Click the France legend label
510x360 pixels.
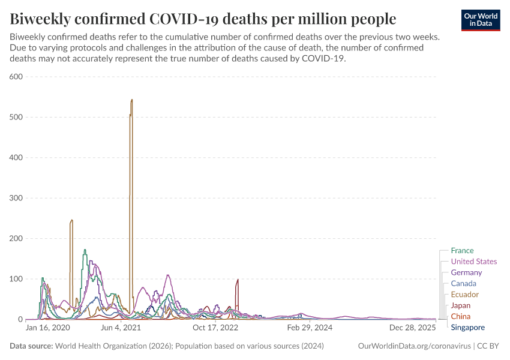(462, 251)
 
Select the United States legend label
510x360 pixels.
(473, 262)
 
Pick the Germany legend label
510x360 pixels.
(466, 272)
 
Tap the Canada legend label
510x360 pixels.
(463, 283)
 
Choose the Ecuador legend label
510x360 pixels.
(464, 295)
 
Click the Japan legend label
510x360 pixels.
(460, 305)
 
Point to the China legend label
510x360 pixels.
(460, 316)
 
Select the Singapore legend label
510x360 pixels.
(467, 328)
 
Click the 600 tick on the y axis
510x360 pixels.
(16, 77)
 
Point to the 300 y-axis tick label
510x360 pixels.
(16, 198)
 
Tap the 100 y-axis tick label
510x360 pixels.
(16, 279)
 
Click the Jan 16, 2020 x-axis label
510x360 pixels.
(48, 328)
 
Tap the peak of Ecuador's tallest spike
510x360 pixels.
(131, 100)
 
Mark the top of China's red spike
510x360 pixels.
(238, 280)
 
